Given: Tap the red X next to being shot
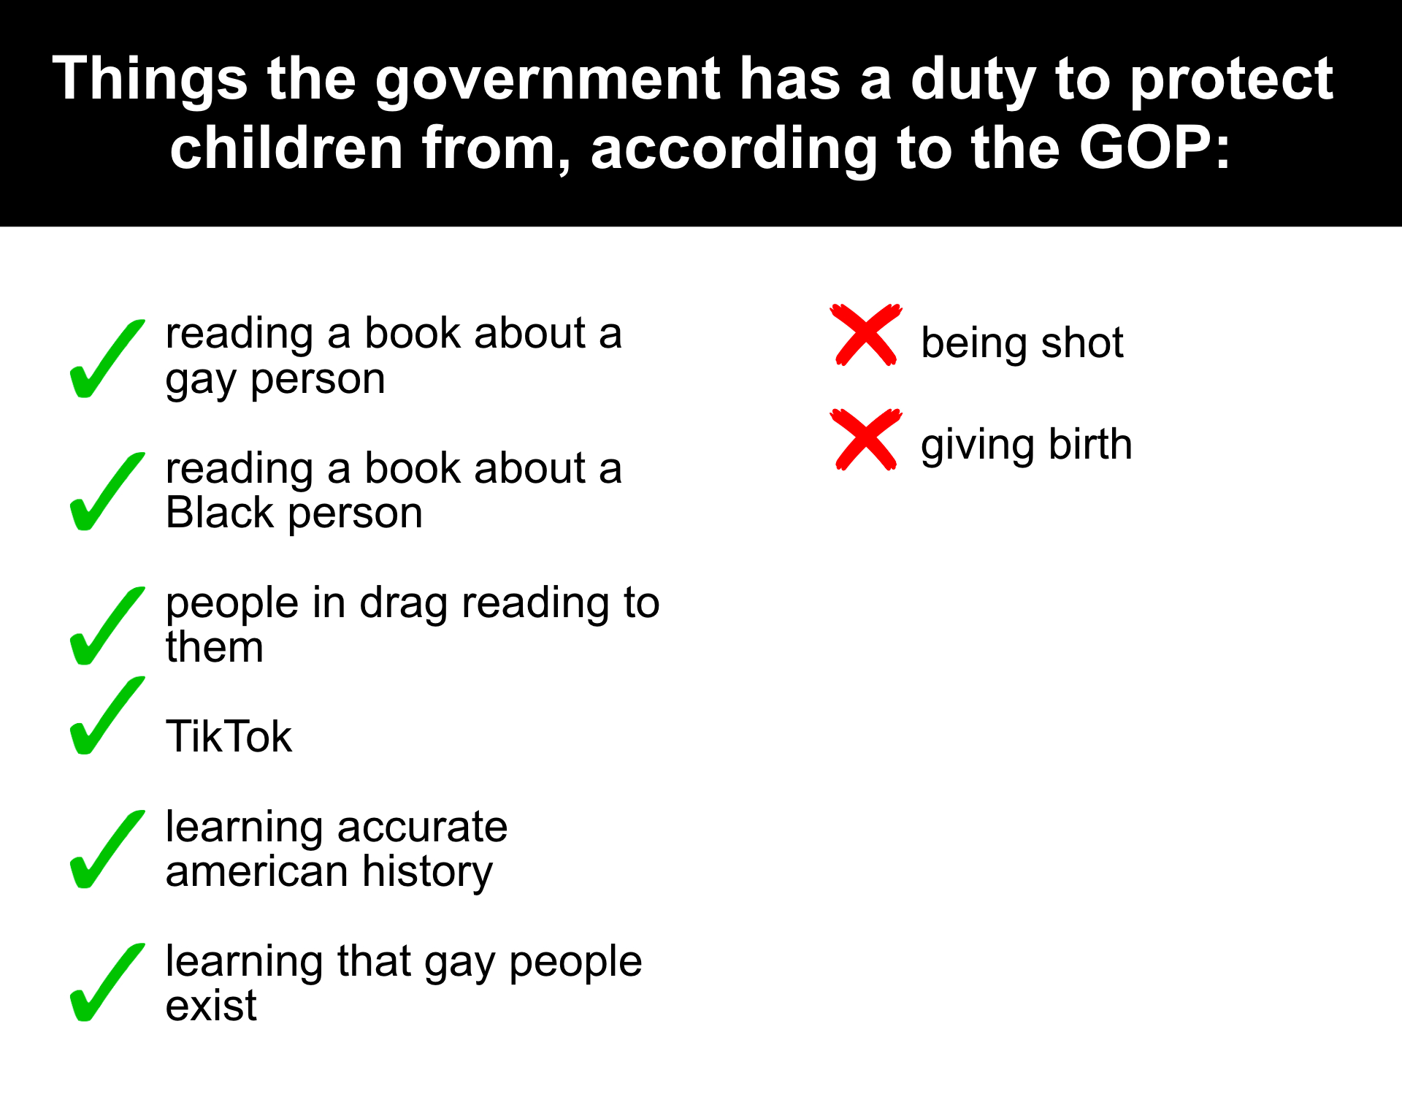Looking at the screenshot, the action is tap(866, 334).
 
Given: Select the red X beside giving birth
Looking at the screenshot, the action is tap(866, 440).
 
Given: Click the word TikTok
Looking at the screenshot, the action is tap(229, 736).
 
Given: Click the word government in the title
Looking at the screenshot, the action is tap(548, 80).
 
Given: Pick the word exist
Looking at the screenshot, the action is tap(212, 1006).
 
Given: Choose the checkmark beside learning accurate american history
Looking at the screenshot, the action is tap(107, 849).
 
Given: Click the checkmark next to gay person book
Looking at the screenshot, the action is tap(107, 359).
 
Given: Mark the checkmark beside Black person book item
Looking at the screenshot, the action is tap(107, 492).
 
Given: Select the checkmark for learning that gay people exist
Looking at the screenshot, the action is tap(107, 982).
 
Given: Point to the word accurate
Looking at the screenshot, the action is tap(422, 827).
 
